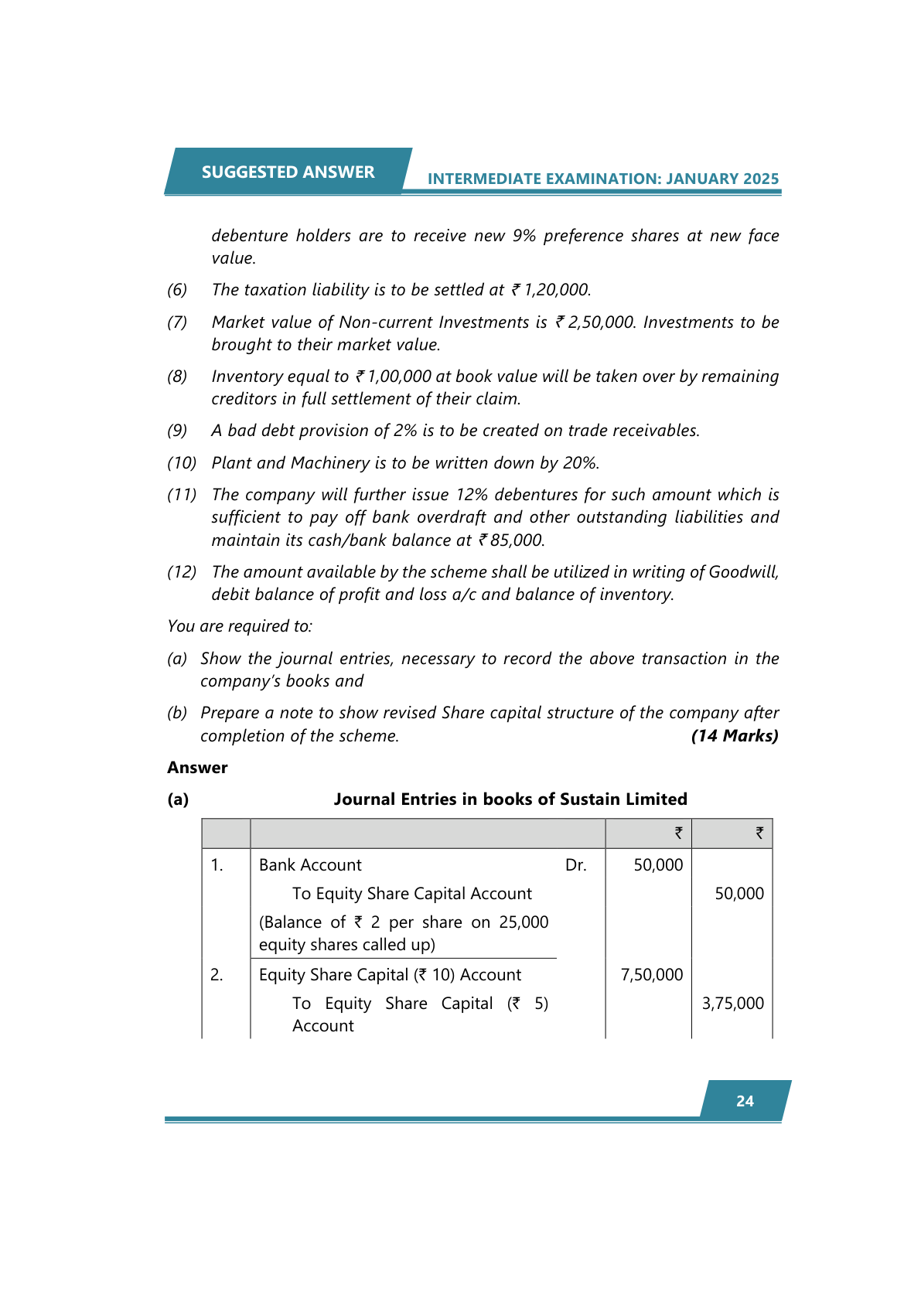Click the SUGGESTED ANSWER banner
coord(288,172)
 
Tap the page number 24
coord(745,1101)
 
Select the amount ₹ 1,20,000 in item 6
coord(551,290)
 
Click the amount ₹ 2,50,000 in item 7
coord(595,322)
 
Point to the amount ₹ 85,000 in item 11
coord(511,540)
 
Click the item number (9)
coord(177,431)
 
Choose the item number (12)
coord(182,572)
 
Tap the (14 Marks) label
coord(735,736)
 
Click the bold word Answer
coord(197,768)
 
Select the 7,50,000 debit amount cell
coord(652,975)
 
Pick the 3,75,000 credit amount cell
coord(732,1004)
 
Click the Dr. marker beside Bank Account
coord(575,865)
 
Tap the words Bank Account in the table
coord(310,865)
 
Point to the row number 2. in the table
coord(217,975)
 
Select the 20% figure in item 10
coord(579,463)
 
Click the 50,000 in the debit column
coord(658,865)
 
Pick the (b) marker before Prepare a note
coord(177,713)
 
